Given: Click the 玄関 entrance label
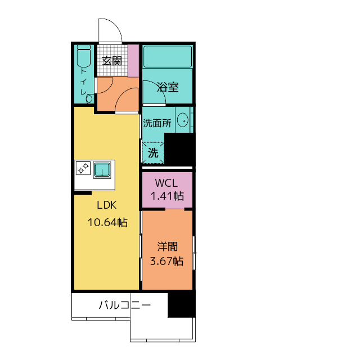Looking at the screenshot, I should coord(111,61).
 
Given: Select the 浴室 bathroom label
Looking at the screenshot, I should coord(168,87).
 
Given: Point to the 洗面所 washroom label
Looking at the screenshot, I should coord(157,123).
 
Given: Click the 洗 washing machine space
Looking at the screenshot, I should coord(153,151).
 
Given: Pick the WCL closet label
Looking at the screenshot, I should coord(166,183).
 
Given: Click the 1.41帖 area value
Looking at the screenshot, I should coord(166,196).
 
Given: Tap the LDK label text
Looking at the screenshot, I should coord(106,206).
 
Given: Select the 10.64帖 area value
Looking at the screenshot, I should coord(107,222).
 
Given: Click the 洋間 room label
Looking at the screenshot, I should coord(167,246).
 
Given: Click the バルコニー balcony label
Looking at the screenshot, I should coord(124,306).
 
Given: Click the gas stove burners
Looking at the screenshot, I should coord(83,168).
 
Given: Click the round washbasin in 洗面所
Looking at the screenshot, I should coord(182,120).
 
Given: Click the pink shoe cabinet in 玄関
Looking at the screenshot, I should coord(133,60).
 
